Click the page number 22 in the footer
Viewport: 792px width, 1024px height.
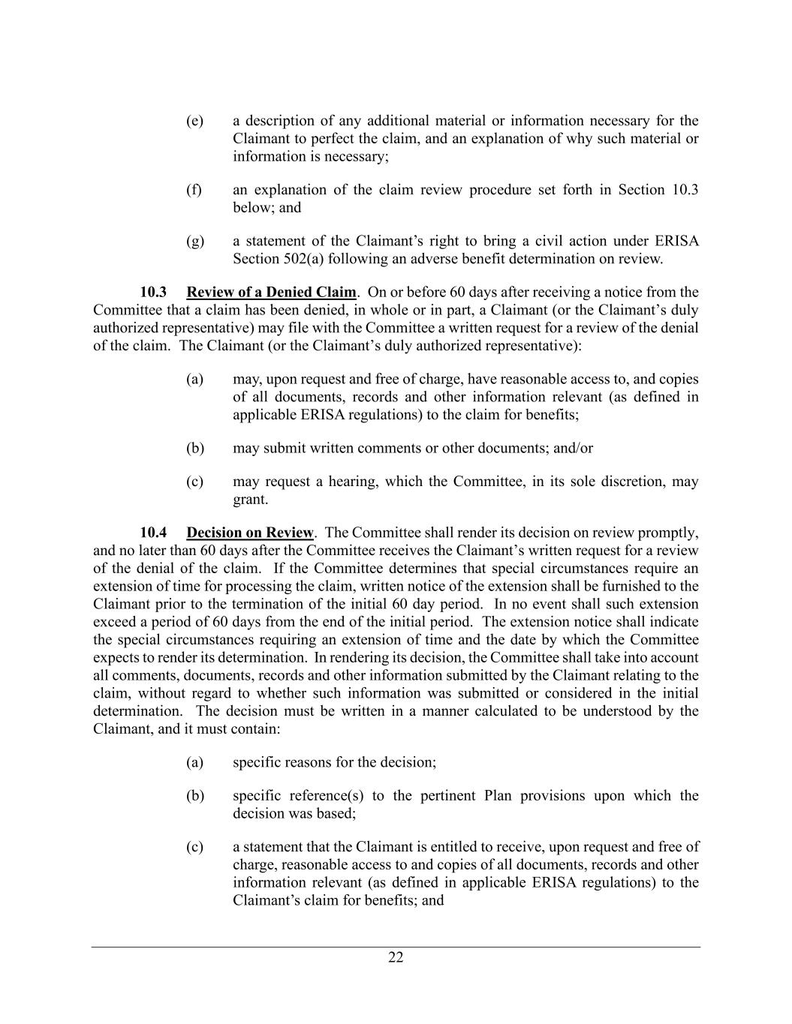[x=396, y=957]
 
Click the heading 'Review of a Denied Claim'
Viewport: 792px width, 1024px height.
[x=271, y=292]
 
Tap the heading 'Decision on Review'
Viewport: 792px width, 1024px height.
[x=249, y=533]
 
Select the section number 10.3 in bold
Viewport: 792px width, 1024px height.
[x=153, y=292]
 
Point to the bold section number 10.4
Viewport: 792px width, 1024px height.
[x=153, y=533]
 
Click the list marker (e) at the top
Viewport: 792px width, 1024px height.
[x=194, y=121]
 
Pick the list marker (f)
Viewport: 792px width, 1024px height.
[x=194, y=190]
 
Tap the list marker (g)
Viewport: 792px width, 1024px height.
[x=194, y=242]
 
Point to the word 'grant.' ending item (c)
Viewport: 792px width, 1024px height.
[x=250, y=500]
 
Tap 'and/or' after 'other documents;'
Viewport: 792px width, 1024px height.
[x=573, y=449]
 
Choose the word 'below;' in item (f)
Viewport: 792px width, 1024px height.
[x=254, y=208]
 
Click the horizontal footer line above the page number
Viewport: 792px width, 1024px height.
[x=396, y=947]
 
